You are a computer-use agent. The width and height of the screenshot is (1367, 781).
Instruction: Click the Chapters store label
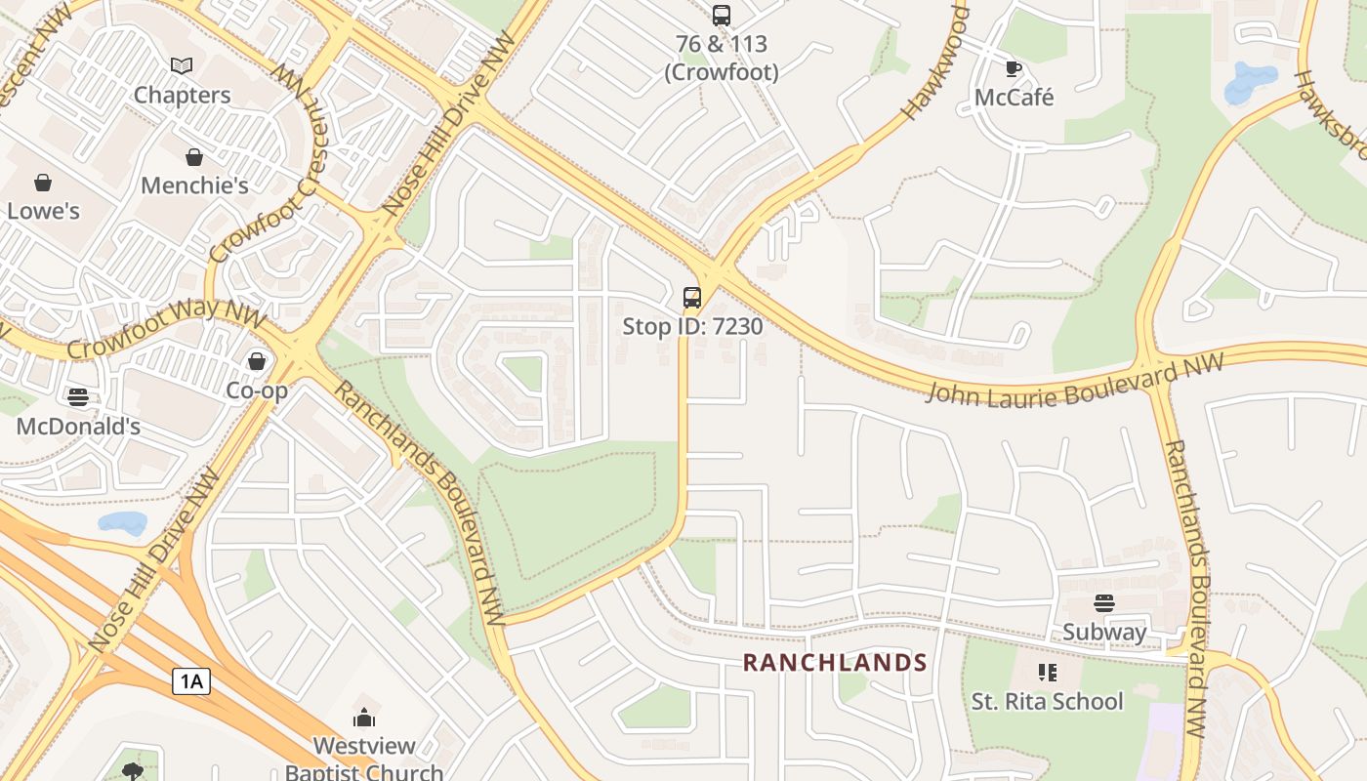pos(182,95)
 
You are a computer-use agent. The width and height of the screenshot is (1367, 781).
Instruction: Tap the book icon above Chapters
pos(182,66)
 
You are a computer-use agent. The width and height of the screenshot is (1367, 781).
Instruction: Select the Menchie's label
pos(194,185)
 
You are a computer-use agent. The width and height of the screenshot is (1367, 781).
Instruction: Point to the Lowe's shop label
pos(43,211)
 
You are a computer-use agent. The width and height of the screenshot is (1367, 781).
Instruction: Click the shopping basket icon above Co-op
pos(257,362)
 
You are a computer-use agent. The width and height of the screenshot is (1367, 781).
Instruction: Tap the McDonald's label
pos(78,427)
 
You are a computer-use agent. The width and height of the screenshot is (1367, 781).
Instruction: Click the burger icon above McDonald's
pos(78,397)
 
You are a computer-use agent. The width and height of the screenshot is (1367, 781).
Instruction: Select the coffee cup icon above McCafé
pos(1014,68)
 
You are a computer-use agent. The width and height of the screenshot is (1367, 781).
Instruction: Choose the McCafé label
pos(1014,98)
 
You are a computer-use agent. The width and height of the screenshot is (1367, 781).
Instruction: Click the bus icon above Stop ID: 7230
pos(692,297)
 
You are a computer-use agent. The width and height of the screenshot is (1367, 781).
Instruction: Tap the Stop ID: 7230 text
pos(692,326)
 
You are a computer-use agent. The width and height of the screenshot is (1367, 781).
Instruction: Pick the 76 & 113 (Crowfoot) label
pos(722,58)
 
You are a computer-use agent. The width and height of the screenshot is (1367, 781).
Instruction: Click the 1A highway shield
pos(191,680)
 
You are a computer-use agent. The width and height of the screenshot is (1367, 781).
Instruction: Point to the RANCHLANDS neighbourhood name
pos(835,663)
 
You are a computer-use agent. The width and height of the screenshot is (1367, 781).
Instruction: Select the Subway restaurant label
pos(1104,632)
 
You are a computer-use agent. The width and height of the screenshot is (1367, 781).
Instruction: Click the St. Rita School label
pos(1047,701)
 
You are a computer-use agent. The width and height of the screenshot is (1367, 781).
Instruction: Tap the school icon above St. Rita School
pos(1047,672)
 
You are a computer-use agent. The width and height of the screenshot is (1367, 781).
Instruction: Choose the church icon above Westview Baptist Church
pos(364,719)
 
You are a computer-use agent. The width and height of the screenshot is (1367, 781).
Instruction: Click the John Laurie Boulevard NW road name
pos(1074,380)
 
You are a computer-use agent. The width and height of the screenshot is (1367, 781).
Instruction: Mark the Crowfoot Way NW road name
pos(166,330)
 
